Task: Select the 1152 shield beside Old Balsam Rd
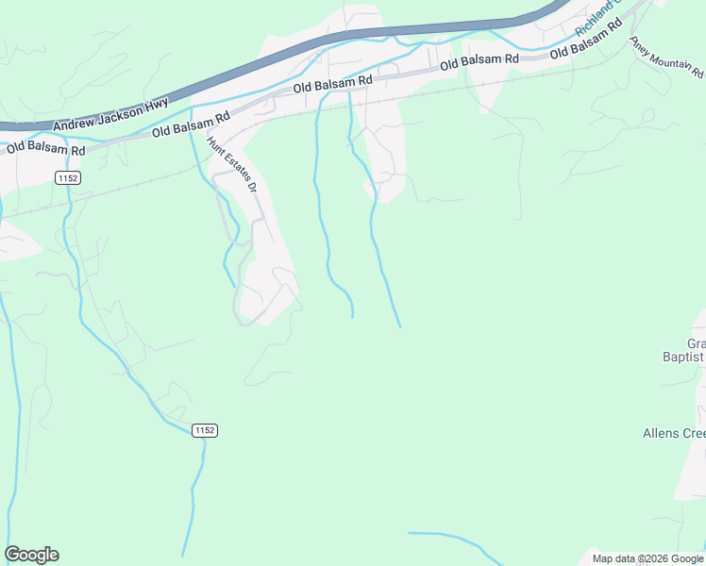(x=66, y=178)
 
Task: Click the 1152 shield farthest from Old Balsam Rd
(x=205, y=430)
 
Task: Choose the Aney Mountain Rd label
(x=667, y=59)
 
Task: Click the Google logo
(x=31, y=555)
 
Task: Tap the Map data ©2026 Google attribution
(x=647, y=558)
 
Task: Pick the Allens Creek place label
(x=674, y=433)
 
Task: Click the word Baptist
(x=682, y=357)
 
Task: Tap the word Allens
(x=661, y=433)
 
